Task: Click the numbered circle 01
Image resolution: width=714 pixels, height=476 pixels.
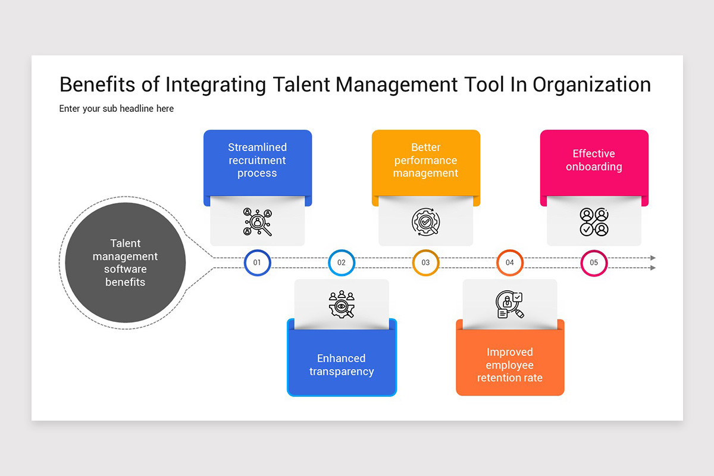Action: tap(258, 262)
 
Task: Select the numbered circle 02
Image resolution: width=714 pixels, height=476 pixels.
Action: tap(342, 262)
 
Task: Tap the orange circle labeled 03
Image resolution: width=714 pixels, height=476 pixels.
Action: tap(425, 262)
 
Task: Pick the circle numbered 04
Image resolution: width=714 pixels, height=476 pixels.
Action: tap(510, 262)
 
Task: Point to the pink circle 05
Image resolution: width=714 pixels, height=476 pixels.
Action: tap(594, 262)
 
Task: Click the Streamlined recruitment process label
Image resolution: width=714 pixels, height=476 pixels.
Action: tap(257, 160)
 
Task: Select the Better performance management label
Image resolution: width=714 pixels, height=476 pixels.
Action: tap(425, 160)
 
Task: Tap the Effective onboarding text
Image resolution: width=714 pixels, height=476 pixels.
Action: tap(594, 160)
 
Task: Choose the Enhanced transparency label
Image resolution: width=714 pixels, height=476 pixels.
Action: tap(342, 365)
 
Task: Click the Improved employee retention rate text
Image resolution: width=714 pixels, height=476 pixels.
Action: tap(510, 365)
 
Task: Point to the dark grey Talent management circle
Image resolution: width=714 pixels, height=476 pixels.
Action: tap(125, 262)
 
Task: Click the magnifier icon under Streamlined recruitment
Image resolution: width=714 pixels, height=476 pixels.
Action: tap(257, 222)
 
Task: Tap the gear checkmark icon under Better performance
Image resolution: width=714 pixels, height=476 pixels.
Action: tap(425, 222)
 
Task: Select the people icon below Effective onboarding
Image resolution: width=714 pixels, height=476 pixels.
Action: tap(594, 222)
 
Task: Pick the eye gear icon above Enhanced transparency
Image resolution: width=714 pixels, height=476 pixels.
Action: tap(342, 304)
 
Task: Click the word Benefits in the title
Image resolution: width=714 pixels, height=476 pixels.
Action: tap(98, 84)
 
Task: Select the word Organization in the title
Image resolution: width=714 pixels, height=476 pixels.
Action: tap(591, 84)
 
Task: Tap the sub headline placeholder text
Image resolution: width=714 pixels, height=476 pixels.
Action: tap(117, 109)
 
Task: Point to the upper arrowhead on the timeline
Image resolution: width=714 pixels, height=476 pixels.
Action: tap(653, 258)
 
